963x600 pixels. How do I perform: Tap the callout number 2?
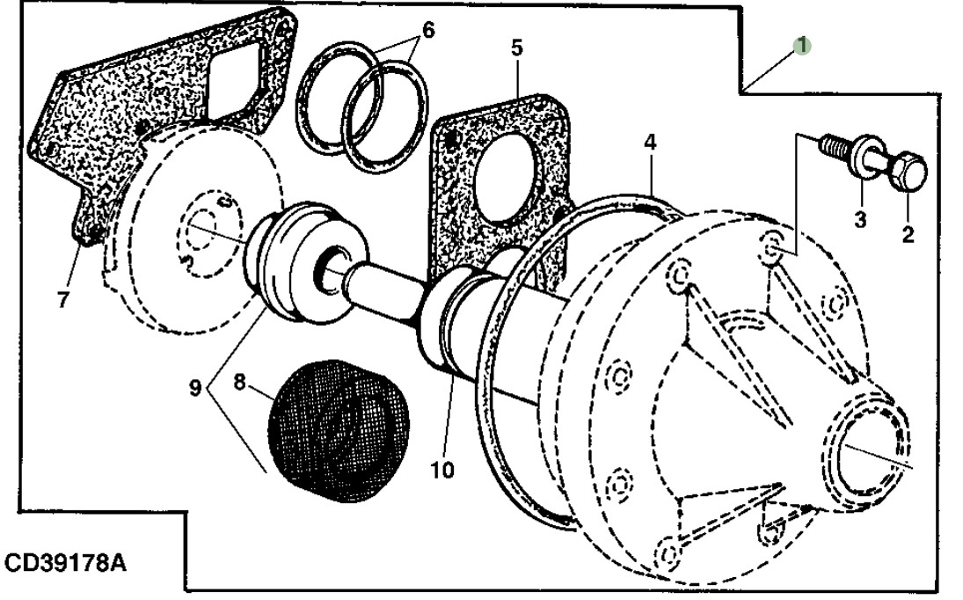908,234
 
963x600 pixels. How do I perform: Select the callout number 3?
860,219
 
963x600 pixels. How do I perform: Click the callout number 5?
516,47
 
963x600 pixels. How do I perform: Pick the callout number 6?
428,29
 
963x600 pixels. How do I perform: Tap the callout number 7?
62,300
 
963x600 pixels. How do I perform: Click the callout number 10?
442,470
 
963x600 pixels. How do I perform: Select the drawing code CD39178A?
64,562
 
